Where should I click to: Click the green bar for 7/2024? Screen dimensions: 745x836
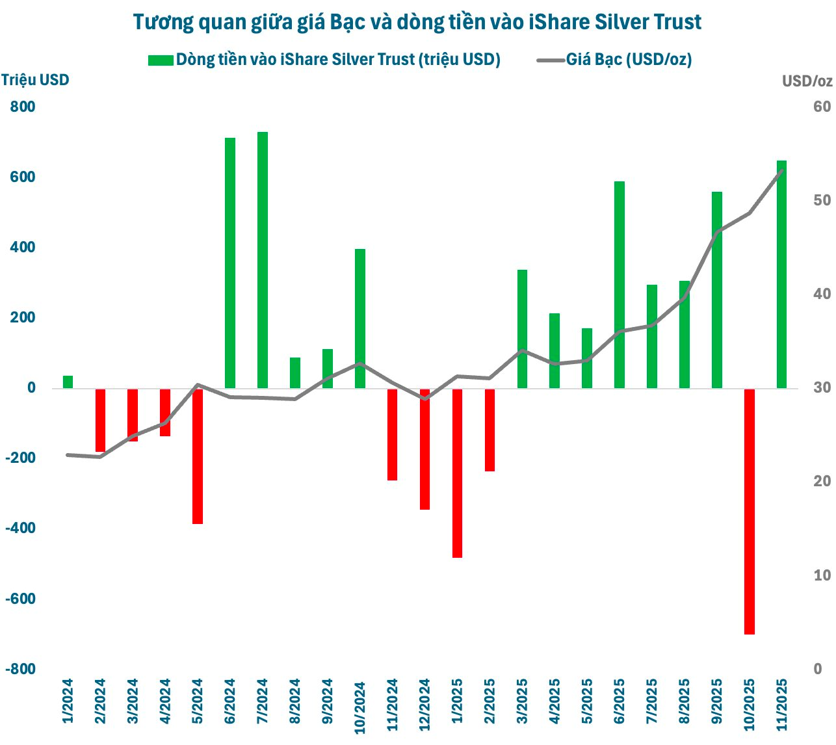click(263, 260)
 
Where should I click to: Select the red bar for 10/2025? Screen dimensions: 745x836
click(749, 511)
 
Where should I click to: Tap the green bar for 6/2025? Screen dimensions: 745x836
click(620, 285)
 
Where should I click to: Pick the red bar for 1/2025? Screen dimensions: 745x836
click(457, 473)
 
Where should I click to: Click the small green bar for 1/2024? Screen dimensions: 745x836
click(68, 382)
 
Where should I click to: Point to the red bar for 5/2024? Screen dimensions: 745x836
click(198, 456)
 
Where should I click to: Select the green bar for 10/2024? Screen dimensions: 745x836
click(360, 319)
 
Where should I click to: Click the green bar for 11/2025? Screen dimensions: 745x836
click(781, 274)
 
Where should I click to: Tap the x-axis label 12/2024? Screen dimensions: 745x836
click(425, 705)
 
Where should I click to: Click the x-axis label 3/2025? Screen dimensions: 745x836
click(522, 701)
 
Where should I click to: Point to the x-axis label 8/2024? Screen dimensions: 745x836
click(295, 701)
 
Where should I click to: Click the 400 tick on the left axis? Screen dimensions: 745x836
click(23, 248)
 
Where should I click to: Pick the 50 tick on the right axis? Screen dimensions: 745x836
click(822, 200)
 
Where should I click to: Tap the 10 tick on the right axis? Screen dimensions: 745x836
click(822, 575)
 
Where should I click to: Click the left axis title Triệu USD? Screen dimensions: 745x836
click(35, 80)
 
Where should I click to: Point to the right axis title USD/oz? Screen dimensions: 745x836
click(807, 81)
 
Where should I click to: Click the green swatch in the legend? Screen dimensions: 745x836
click(161, 60)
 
